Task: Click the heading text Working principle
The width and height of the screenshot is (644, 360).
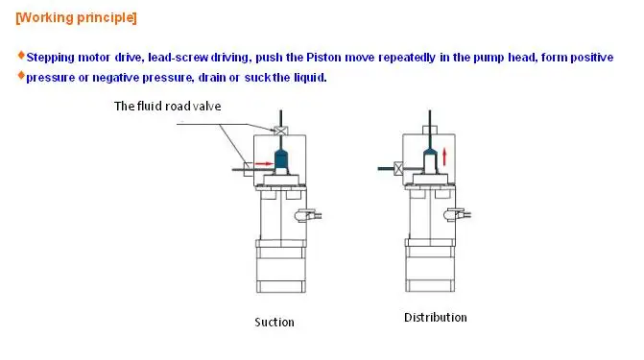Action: coord(76,18)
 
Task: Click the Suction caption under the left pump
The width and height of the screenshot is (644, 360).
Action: coord(274,322)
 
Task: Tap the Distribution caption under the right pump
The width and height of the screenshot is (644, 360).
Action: coord(435,318)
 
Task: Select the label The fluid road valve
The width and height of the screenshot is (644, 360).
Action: coord(168,106)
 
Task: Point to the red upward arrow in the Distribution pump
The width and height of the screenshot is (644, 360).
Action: coord(445,155)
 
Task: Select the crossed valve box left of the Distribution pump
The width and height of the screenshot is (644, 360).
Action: coord(396,168)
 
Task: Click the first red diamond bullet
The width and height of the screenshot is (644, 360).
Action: coord(21,56)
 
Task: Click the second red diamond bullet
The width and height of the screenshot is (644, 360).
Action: coord(21,76)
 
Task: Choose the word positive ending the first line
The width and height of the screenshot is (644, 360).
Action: coord(589,58)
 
